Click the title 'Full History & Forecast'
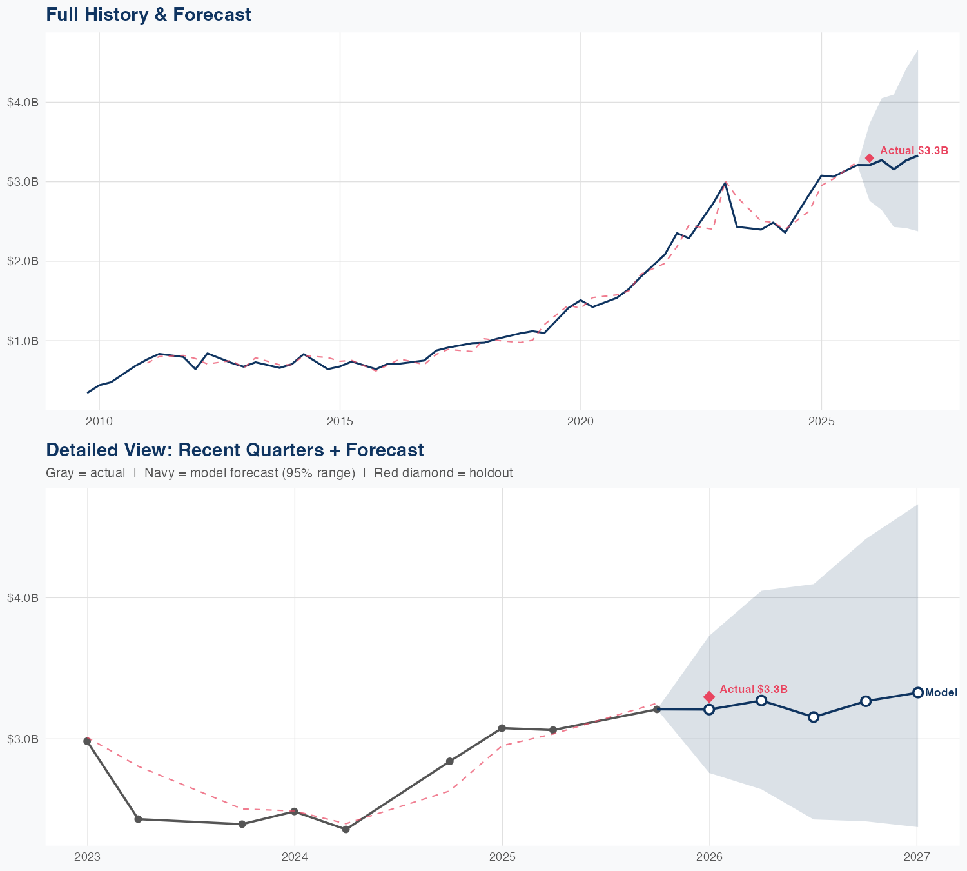point(148,14)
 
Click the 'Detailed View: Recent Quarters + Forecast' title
point(235,450)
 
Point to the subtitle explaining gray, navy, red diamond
point(279,473)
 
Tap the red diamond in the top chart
point(869,158)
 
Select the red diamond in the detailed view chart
point(709,697)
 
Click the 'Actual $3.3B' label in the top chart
point(913,151)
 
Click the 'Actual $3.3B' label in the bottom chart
point(753,689)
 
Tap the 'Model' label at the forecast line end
point(941,693)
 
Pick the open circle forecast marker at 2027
point(917,692)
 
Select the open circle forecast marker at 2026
point(709,710)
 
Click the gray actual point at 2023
point(87,741)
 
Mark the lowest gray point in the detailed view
point(346,829)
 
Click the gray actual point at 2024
point(294,811)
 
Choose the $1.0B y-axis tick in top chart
point(23,341)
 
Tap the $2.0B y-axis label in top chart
point(23,261)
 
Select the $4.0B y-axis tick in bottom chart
point(23,598)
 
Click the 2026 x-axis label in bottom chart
point(709,857)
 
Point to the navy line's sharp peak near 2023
point(725,183)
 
